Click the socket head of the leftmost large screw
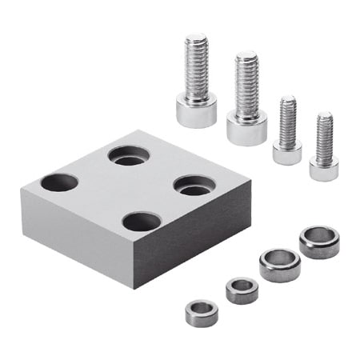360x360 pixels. coord(196,110)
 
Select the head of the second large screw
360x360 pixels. coord(246,126)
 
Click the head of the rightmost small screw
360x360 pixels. coord(324,168)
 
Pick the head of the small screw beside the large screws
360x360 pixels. coord(287,152)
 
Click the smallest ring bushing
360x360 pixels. coord(202,313)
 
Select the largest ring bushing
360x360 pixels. coord(319,242)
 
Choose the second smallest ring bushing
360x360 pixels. coord(242,290)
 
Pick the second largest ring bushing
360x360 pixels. coord(280,265)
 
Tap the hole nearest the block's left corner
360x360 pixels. coord(60,182)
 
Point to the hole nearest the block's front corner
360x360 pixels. coord(142,221)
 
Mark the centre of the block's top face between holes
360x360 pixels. coord(128,187)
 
